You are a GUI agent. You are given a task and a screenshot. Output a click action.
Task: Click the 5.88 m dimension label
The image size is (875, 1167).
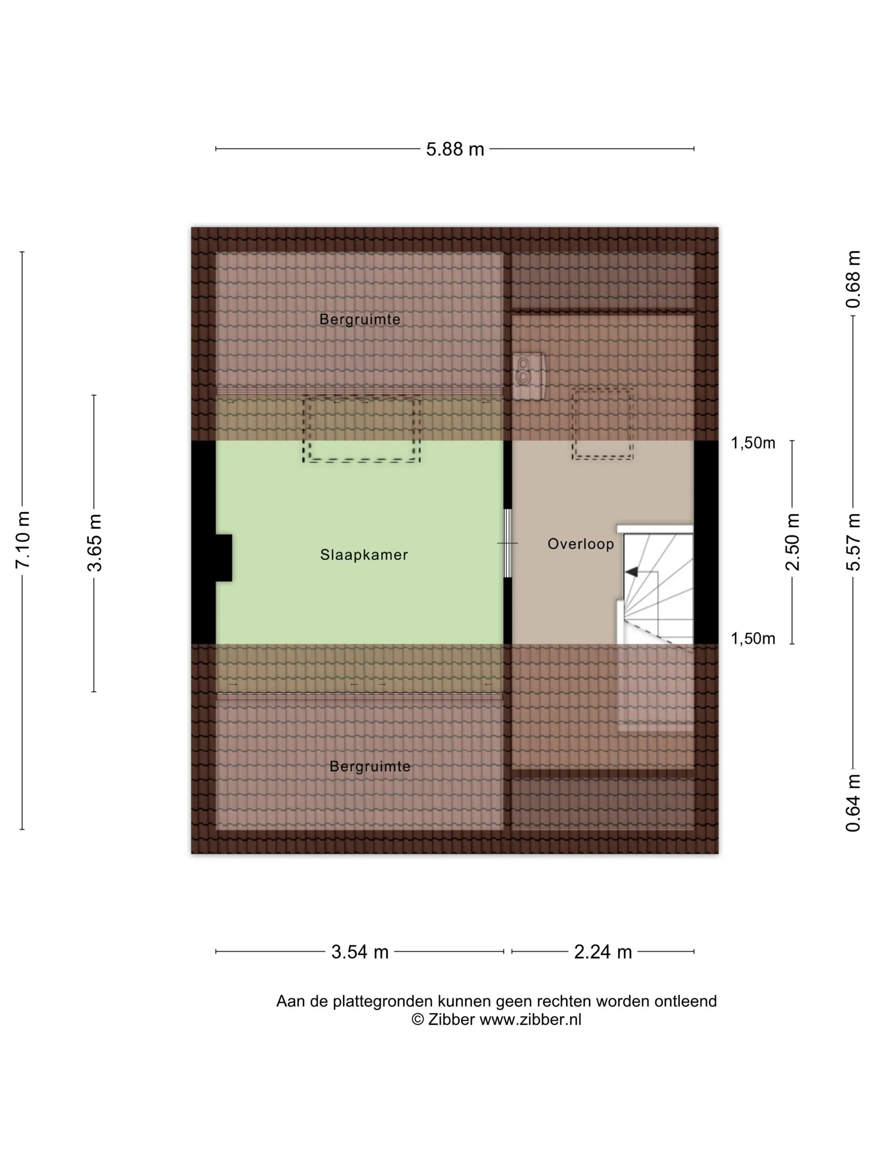pos(455,149)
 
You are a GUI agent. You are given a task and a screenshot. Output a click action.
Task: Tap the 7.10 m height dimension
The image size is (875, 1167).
pos(22,540)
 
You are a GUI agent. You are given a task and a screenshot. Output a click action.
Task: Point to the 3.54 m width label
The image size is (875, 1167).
pos(360,952)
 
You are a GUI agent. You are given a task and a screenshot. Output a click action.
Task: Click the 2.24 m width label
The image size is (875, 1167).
pos(602,952)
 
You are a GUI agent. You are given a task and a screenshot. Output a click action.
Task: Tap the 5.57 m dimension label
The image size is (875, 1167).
pos(853,542)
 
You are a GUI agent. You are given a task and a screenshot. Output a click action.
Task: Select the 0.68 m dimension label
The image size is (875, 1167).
pos(853,279)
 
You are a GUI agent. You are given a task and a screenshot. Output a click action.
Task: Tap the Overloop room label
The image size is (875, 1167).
pos(581,544)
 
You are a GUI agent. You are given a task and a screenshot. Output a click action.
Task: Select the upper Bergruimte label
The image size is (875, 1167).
pos(360,319)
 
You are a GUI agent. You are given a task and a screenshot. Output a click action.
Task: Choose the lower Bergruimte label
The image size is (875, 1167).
pos(370,766)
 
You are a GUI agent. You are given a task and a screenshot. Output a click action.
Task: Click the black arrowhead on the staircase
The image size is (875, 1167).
pos(631,572)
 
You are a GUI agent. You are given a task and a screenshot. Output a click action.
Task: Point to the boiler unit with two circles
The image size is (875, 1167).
pos(528,376)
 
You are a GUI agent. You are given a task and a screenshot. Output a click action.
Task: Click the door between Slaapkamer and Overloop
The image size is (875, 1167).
pos(507,543)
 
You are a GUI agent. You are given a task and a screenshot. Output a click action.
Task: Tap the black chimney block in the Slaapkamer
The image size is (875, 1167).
pos(224,558)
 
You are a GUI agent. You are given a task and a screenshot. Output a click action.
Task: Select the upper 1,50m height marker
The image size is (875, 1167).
pos(752,443)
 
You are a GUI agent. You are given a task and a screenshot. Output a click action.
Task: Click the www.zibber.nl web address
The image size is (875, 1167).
pos(530,1020)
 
